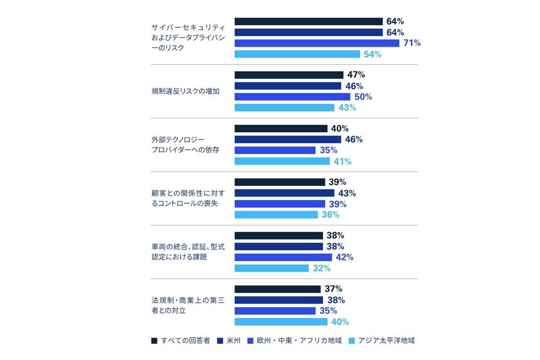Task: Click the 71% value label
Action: click(x=411, y=43)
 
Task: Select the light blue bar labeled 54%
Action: click(x=297, y=54)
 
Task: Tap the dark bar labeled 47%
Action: click(x=289, y=75)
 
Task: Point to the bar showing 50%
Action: click(x=292, y=97)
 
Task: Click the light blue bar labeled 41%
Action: click(x=282, y=161)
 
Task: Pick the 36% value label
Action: click(x=330, y=215)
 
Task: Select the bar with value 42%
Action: click(x=283, y=257)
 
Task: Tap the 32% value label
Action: click(x=321, y=268)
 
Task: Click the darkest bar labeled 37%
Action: click(x=278, y=289)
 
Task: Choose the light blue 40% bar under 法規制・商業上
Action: click(x=281, y=322)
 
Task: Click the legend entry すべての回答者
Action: click(x=181, y=341)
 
